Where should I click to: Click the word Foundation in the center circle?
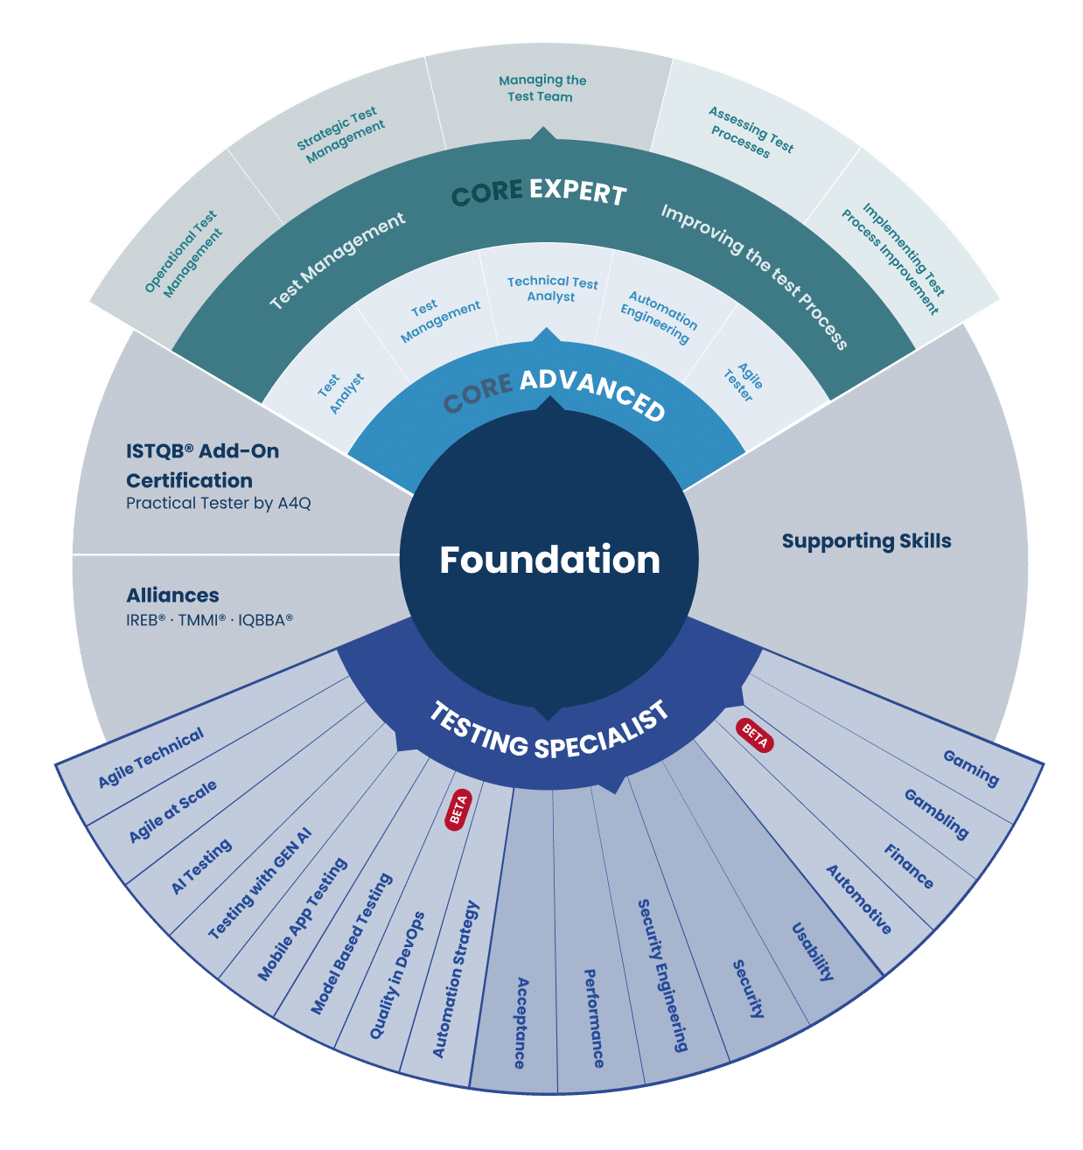click(549, 560)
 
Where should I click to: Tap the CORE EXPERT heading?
click(539, 192)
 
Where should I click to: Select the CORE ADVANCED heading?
click(554, 393)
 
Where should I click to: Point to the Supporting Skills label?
click(866, 540)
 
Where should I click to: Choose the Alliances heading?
click(172, 596)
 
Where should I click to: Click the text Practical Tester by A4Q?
click(219, 503)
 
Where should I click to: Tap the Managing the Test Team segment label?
click(541, 88)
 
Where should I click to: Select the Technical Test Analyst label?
click(552, 289)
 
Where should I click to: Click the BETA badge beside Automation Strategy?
click(458, 810)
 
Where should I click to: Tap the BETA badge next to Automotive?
click(754, 735)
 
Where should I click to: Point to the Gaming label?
click(971, 769)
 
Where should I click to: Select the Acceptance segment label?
click(521, 1023)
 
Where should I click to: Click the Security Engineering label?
click(663, 975)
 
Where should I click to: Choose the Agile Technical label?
click(150, 757)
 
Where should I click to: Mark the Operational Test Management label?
click(183, 254)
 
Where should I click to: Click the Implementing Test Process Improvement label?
click(893, 258)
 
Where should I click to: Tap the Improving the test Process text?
click(754, 277)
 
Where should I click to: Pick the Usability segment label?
click(813, 951)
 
